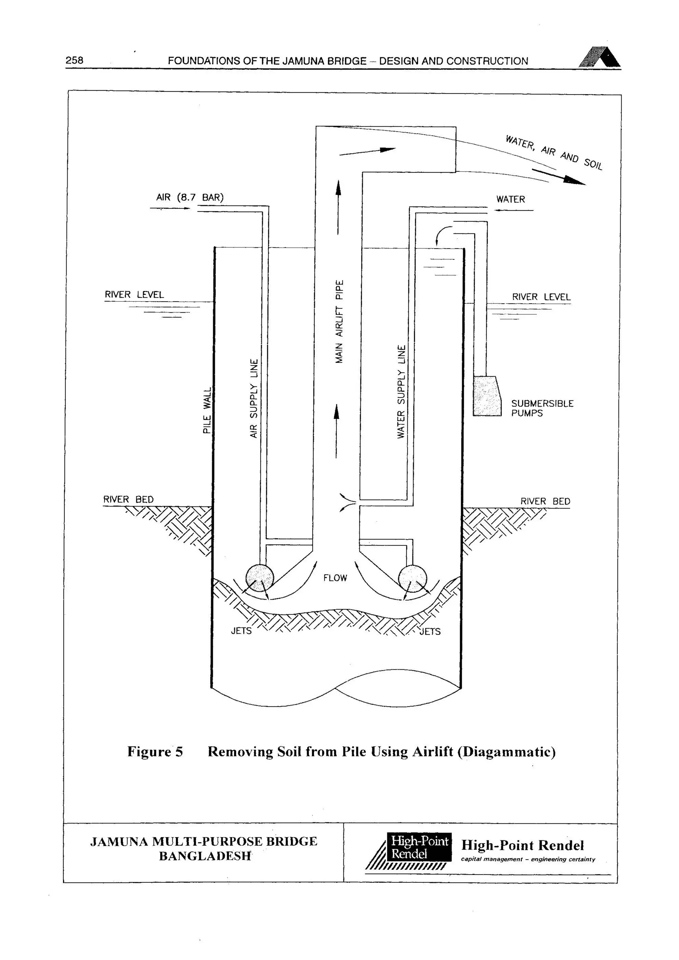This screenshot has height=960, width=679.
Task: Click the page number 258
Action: click(74, 60)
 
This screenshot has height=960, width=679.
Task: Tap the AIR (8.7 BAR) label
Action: click(190, 197)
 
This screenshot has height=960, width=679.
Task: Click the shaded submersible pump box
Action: click(487, 396)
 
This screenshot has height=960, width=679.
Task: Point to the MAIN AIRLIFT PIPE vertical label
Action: click(339, 321)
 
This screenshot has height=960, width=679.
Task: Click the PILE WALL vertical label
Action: click(207, 411)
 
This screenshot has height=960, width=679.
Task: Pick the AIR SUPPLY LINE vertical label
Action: click(254, 398)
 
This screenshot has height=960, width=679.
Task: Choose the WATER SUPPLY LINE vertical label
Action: click(401, 391)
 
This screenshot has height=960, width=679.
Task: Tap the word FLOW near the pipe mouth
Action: click(335, 578)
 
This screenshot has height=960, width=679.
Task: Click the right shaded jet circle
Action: click(413, 579)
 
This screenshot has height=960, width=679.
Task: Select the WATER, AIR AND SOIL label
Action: click(554, 152)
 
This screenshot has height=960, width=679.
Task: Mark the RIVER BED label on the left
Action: click(128, 499)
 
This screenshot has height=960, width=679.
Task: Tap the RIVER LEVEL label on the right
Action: click(541, 297)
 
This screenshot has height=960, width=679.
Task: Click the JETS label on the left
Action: click(241, 630)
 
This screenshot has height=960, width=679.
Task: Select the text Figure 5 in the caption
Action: click(155, 752)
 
